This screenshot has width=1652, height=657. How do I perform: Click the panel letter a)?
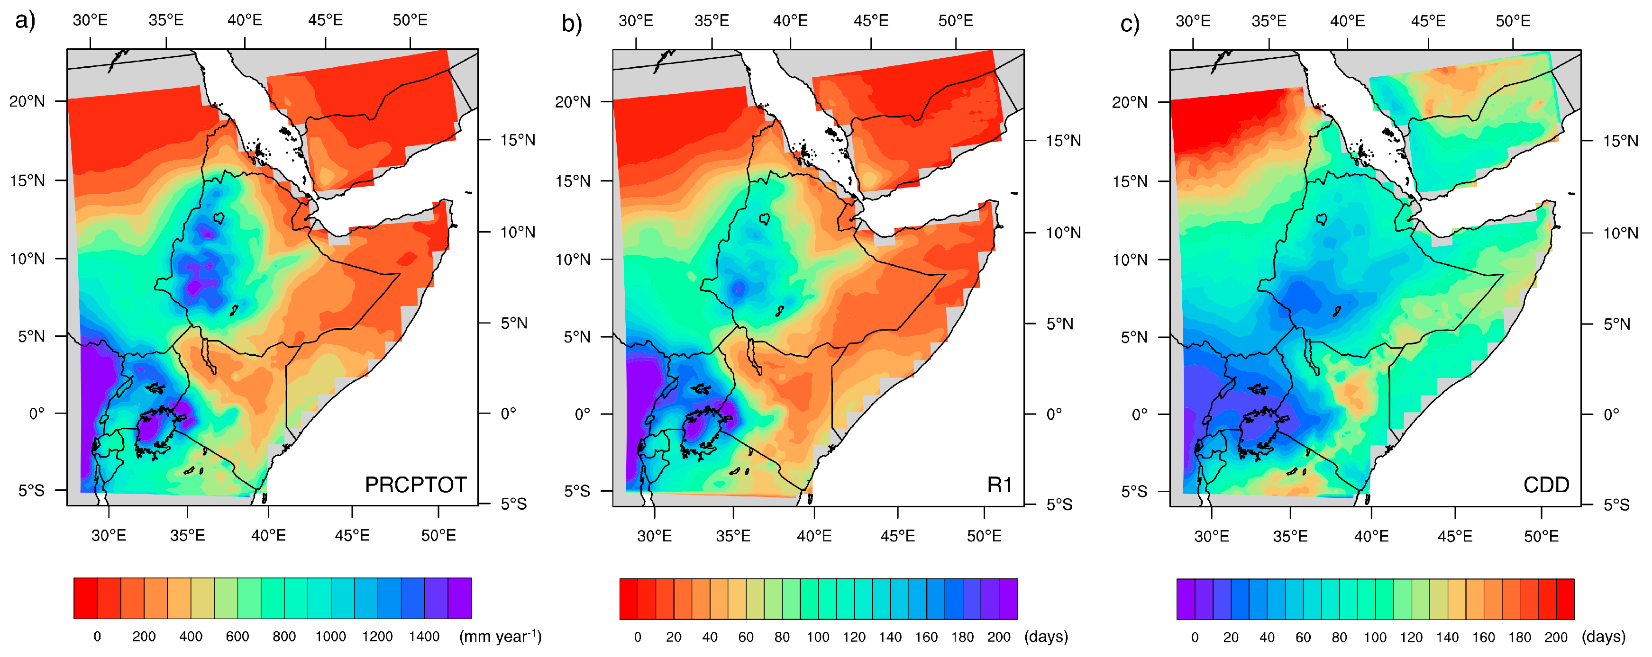[24, 21]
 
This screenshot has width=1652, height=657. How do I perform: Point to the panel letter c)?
[1129, 24]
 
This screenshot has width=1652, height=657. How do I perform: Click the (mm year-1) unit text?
[500, 637]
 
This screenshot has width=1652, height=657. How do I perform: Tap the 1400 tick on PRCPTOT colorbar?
[424, 637]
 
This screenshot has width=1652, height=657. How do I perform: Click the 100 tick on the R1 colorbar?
[818, 637]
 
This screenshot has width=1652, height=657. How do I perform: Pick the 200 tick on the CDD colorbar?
[1556, 637]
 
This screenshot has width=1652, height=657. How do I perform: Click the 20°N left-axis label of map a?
[27, 101]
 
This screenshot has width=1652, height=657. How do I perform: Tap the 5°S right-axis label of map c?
[1616, 505]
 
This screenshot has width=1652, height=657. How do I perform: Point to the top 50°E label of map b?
[956, 21]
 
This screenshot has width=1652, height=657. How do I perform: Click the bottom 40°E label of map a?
[268, 535]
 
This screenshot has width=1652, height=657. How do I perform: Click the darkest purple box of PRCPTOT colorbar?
[459, 598]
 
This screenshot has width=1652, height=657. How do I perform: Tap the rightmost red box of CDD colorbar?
[1565, 599]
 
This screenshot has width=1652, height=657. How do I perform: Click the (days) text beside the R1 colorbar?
[1046, 637]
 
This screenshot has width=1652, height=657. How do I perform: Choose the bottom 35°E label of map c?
[1290, 536]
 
